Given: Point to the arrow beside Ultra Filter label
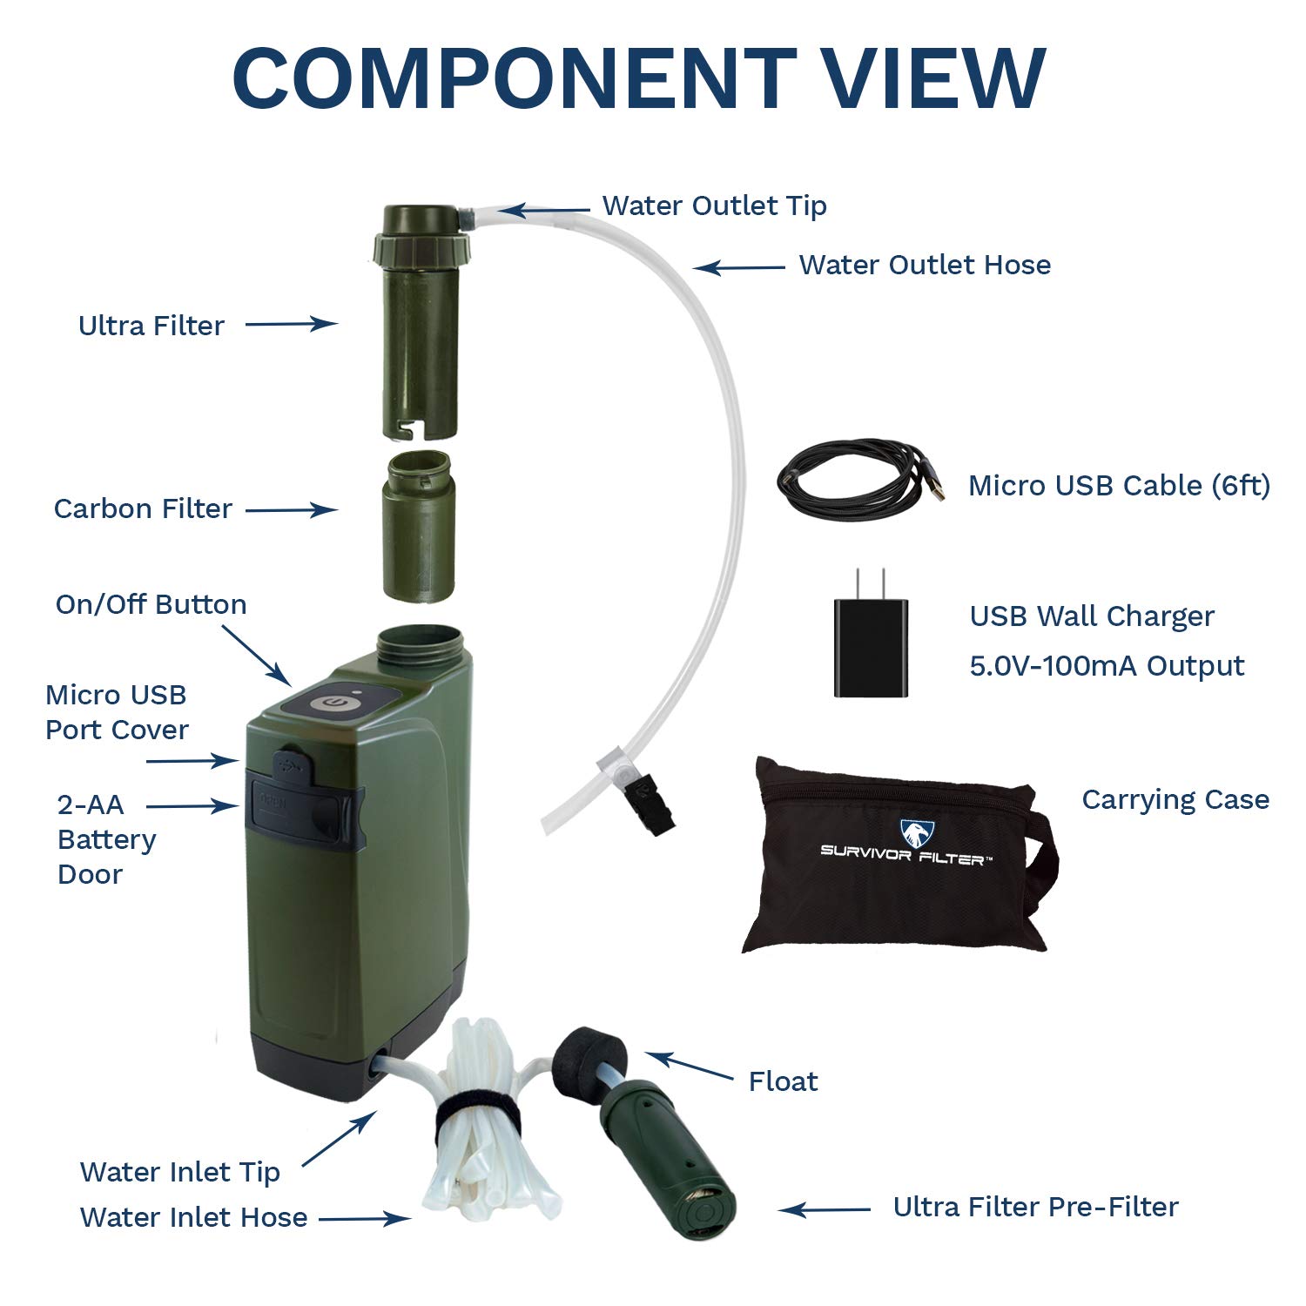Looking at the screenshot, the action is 292,324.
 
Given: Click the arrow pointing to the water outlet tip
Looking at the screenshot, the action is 544,209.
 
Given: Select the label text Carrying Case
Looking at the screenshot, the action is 1175,799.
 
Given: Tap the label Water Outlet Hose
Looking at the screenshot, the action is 925,265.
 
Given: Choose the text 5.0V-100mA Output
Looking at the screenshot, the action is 1107,666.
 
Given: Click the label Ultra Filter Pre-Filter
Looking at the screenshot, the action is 1035,1207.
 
